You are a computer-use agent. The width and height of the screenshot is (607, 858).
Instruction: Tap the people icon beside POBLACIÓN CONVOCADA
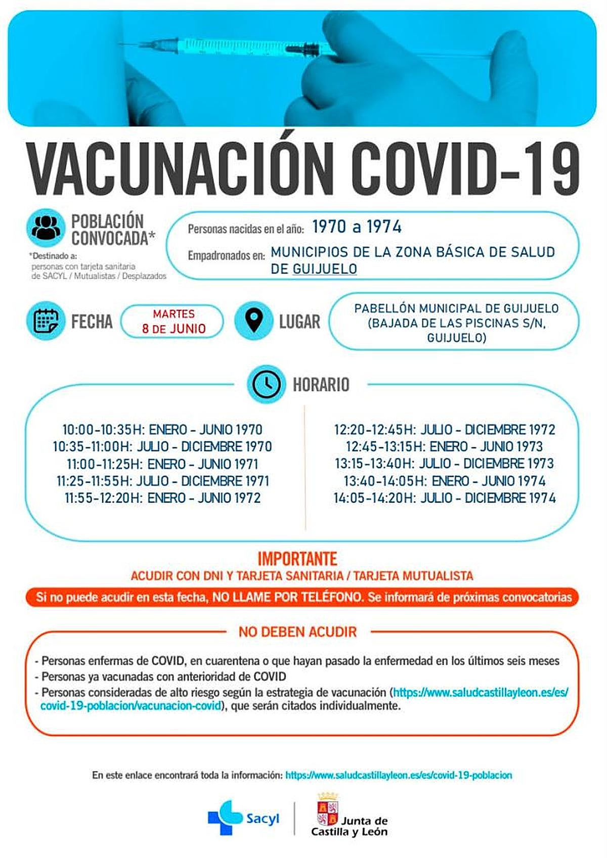point(46,228)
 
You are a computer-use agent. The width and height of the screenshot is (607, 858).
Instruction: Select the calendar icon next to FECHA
point(46,321)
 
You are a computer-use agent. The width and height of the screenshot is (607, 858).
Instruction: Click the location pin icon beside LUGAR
point(254,321)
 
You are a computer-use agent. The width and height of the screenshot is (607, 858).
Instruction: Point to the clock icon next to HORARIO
point(267,384)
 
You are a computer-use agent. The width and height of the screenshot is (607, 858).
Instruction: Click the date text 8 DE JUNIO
point(174,329)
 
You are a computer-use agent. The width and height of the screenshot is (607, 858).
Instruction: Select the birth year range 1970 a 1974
point(357,227)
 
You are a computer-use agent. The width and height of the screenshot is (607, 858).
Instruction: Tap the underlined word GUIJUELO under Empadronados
point(325,269)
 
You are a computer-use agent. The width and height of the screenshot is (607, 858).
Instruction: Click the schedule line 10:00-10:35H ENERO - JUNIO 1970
point(162,430)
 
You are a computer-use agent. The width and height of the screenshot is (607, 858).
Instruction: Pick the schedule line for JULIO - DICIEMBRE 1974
point(444,498)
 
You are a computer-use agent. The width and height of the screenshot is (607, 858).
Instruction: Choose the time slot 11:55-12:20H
point(103,498)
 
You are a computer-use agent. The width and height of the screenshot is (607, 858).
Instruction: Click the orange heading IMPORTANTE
point(297,559)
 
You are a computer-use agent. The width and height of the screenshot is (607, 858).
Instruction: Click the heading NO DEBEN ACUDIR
point(297,631)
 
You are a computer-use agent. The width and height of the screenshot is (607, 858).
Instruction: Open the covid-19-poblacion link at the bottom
point(399,775)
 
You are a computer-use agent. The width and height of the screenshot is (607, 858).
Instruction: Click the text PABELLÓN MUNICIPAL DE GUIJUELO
point(456,308)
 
